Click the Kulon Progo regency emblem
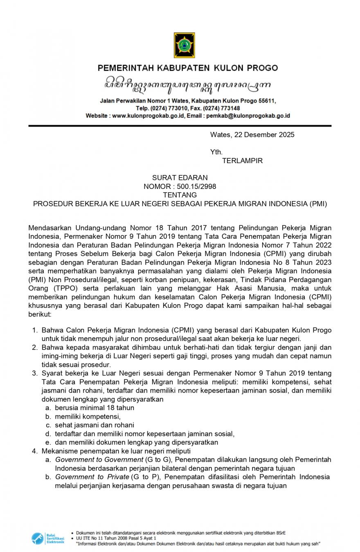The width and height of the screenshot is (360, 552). pos(184,45)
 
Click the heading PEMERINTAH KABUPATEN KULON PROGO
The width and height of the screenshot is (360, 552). pos(188,68)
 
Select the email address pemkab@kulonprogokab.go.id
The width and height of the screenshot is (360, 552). pos(248,116)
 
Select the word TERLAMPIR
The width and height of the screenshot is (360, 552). pos(242,161)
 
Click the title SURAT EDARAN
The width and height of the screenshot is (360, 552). pos(180,178)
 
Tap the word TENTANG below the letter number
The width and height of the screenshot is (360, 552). pos(180,195)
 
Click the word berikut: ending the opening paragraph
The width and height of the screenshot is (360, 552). pos(40,314)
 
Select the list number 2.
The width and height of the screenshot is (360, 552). pos(34,348)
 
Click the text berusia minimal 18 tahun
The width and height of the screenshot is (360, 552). pos(94,408)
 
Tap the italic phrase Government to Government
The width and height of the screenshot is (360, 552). pos(99,460)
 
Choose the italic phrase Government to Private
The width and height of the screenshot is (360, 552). pos(92,477)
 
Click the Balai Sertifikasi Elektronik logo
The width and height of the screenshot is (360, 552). pos(48,538)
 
